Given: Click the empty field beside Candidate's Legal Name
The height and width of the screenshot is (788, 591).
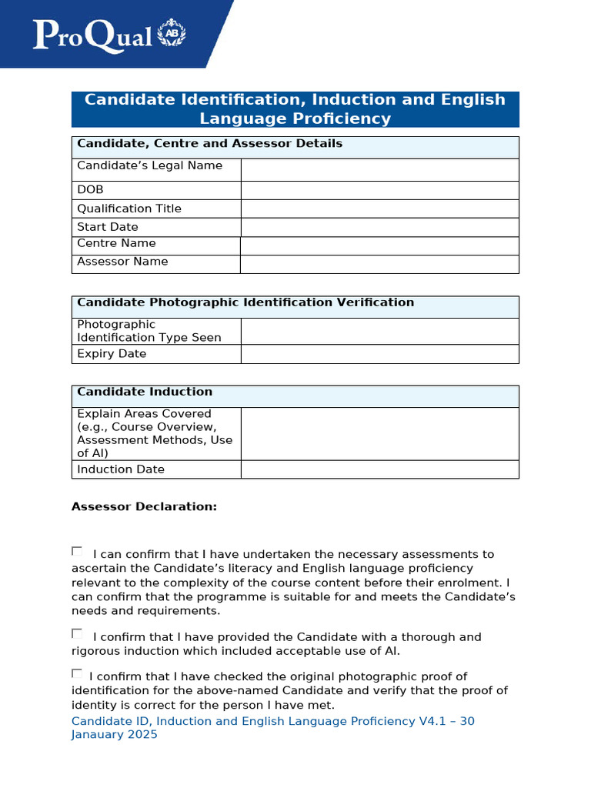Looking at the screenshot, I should point(379,169).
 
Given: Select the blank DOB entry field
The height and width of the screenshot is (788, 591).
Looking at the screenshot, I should point(379,190).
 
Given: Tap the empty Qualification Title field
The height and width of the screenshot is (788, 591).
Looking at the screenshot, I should point(379,209).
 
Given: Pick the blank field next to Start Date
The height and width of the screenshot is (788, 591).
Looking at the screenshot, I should point(379,227).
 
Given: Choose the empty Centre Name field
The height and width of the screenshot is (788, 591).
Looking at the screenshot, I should point(379,245).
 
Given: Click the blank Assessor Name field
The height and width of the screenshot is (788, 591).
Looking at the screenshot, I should point(379,264).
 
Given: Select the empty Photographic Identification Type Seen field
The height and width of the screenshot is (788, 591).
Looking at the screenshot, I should point(379,331).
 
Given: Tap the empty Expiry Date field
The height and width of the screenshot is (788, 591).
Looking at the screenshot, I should point(379,354).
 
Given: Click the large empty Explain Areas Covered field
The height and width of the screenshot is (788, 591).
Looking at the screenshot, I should point(379,433).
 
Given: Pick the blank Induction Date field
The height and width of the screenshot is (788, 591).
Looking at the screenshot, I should point(379,469).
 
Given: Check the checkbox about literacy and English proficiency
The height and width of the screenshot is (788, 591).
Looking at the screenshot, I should point(77,551).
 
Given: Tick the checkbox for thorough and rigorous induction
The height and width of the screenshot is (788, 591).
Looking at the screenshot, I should point(77,633).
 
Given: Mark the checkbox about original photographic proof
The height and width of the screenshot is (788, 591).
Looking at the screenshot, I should point(77,673).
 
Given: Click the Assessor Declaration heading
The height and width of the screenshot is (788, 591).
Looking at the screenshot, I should point(144,506).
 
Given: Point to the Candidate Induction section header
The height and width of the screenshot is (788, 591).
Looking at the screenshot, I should point(145,392).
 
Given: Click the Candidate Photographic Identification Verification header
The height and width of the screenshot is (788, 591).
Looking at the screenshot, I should point(245,302).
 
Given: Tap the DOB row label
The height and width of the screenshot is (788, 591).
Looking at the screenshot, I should point(90,190).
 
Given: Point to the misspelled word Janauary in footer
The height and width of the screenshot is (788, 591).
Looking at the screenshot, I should point(114,734).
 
